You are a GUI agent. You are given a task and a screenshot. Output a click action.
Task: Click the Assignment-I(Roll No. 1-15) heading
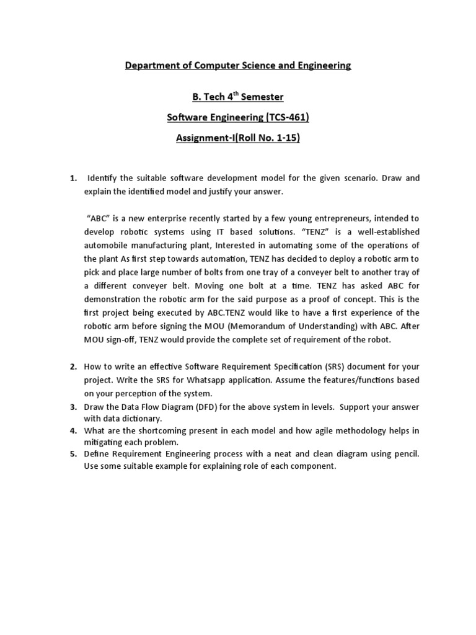tap(238, 138)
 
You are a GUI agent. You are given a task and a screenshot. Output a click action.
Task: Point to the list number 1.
tap(73, 179)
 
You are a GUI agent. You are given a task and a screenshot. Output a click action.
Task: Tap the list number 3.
tap(73, 407)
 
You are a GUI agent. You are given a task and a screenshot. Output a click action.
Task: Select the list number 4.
tap(73, 430)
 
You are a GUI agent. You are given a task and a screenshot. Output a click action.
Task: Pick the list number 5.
tap(73, 454)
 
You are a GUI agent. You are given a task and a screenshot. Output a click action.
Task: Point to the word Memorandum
tap(282, 326)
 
